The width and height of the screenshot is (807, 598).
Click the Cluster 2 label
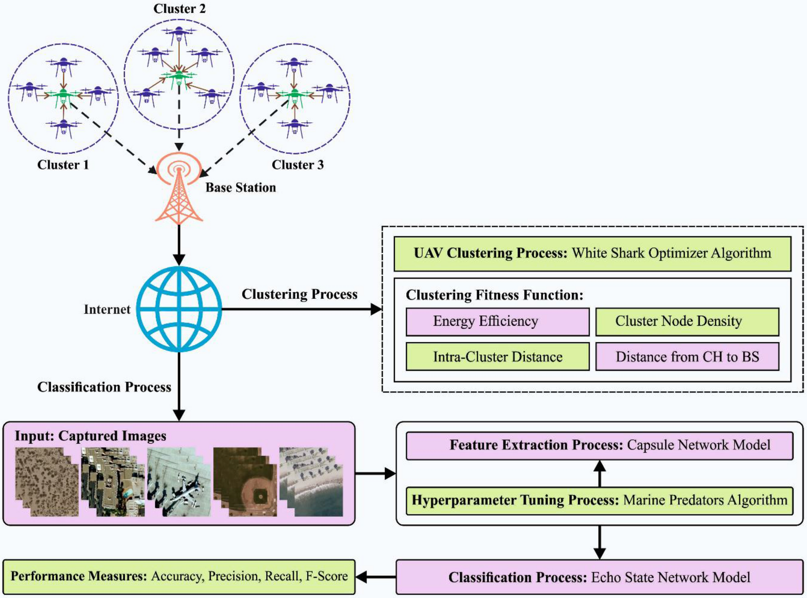[179, 9]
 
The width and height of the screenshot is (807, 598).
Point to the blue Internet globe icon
[179, 309]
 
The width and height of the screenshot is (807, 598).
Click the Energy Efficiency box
[497, 322]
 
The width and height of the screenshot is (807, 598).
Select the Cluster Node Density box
[687, 322]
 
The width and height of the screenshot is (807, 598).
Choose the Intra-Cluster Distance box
[497, 357]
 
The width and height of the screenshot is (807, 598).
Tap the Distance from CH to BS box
[687, 357]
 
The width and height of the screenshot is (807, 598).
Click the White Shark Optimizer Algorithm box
[592, 254]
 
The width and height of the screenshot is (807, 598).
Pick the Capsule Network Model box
[600, 446]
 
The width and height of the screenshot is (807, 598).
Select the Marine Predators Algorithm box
[600, 501]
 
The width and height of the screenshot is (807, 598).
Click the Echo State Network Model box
[600, 577]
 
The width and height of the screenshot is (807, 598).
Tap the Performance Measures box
[179, 577]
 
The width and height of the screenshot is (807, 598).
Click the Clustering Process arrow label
[300, 294]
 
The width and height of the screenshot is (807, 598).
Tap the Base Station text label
[241, 187]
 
